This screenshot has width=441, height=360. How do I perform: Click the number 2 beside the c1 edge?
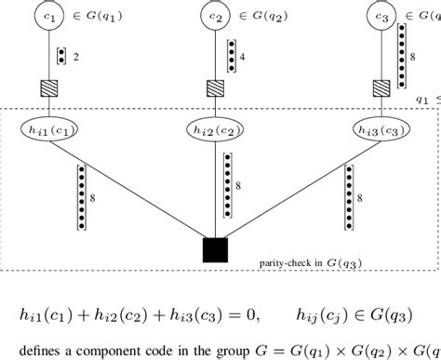(75, 57)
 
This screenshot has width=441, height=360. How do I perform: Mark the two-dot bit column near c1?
(60, 57)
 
